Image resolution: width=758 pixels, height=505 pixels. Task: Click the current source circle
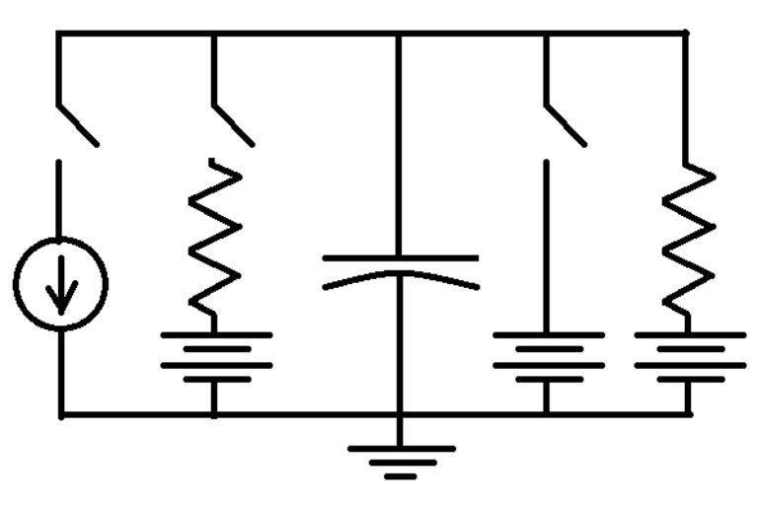(60, 283)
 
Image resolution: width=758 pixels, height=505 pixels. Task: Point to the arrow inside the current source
(60, 289)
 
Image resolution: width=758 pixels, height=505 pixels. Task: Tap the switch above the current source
(76, 123)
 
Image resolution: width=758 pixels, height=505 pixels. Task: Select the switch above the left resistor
(233, 123)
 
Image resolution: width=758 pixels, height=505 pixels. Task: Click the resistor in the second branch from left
(215, 237)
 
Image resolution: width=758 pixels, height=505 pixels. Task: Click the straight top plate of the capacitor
(400, 258)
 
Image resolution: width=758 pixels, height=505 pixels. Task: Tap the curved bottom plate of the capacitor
(400, 277)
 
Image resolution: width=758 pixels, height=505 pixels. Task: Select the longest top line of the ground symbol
(400, 449)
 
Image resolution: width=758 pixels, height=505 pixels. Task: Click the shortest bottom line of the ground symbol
(400, 476)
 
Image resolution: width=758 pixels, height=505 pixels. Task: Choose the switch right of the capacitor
(565, 123)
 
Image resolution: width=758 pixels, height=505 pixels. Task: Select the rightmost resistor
(688, 237)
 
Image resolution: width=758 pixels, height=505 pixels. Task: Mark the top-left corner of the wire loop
(58, 34)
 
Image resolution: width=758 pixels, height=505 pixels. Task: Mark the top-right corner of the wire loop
(685, 34)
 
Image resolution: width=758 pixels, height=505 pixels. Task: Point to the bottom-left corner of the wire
(60, 414)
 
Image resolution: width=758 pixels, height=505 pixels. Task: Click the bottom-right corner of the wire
(688, 414)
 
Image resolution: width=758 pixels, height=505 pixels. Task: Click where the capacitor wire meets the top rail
(399, 34)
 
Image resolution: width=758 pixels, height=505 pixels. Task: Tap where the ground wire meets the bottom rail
(399, 414)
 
